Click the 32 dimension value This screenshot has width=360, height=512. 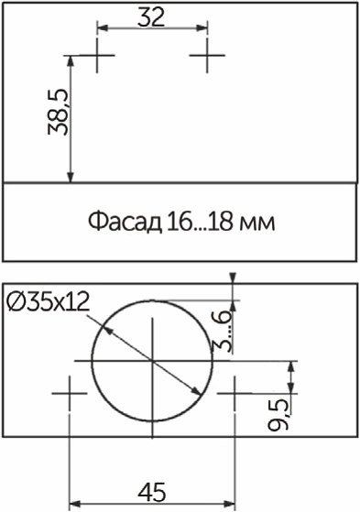[151, 17]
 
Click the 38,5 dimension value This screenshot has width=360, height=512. [58, 112]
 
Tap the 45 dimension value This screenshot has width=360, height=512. [151, 492]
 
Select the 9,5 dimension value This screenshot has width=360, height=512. [278, 414]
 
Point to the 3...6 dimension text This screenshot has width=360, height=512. [223, 332]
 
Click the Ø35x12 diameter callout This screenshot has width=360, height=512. [49, 301]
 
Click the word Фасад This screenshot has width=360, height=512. [125, 222]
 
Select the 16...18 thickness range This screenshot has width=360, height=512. [200, 222]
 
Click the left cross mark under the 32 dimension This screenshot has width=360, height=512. [97, 55]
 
